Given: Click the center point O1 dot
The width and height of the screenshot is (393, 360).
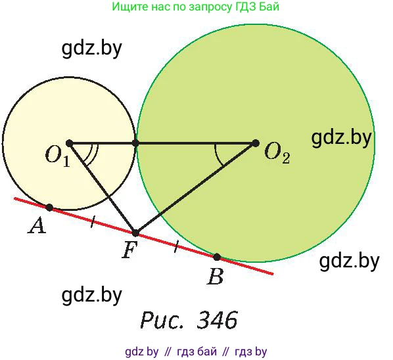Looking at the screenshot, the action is pyautogui.click(x=69, y=144).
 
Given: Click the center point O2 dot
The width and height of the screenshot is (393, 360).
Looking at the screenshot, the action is pyautogui.click(x=255, y=143).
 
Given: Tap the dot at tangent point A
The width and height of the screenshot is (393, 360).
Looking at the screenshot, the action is pyautogui.click(x=49, y=208).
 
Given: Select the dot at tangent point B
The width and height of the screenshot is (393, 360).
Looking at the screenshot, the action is pyautogui.click(x=217, y=257).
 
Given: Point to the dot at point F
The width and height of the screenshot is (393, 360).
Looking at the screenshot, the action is pyautogui.click(x=135, y=233).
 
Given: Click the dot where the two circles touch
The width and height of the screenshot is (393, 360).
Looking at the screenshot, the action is pyautogui.click(x=135, y=143).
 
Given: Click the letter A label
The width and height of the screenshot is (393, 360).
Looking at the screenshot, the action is pyautogui.click(x=37, y=225).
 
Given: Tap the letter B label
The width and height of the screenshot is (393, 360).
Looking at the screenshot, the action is pyautogui.click(x=215, y=277).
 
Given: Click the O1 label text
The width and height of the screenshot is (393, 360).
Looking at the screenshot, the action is pyautogui.click(x=57, y=157).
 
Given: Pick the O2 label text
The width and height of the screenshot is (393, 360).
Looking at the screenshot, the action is pyautogui.click(x=277, y=154).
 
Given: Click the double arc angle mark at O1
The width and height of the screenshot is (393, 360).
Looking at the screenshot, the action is pyautogui.click(x=93, y=154).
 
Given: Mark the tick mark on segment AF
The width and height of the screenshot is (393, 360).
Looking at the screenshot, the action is pyautogui.click(x=93, y=221).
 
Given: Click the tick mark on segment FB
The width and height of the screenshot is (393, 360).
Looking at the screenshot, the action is pyautogui.click(x=176, y=246).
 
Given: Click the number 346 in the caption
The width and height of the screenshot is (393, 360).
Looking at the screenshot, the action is pyautogui.click(x=217, y=320).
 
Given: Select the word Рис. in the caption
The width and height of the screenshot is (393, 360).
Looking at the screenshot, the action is pyautogui.click(x=162, y=321).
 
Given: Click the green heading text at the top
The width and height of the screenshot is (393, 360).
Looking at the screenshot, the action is pyautogui.click(x=195, y=7).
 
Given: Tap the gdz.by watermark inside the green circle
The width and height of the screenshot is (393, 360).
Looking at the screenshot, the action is pyautogui.click(x=341, y=137).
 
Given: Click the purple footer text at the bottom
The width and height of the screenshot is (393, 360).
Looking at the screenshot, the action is pyautogui.click(x=196, y=351).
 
